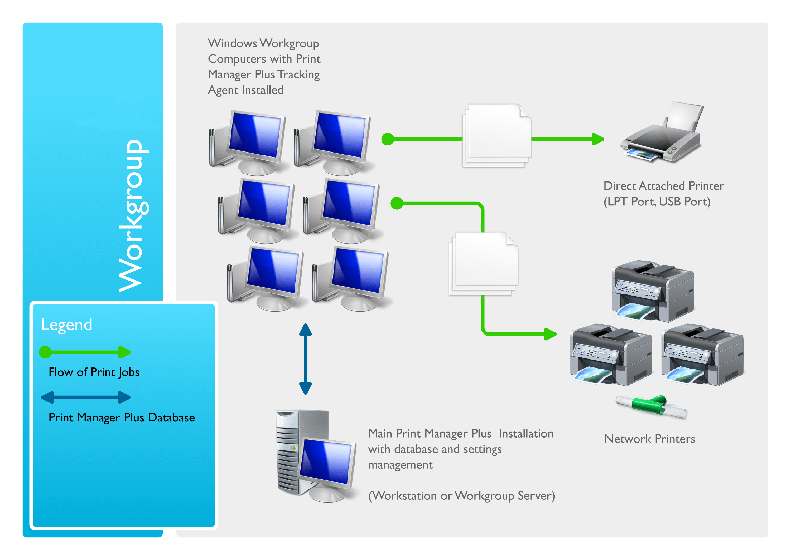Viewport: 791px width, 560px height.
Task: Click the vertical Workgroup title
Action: (x=133, y=215)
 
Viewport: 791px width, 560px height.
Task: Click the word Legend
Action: (x=66, y=325)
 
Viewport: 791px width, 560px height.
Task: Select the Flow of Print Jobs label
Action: (x=94, y=372)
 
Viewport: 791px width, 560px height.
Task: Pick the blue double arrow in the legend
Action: (x=86, y=397)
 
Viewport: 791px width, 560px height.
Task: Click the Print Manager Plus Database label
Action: (x=122, y=417)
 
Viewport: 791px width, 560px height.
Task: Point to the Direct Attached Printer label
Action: (x=663, y=186)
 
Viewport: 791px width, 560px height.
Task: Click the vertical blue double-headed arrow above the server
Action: (x=305, y=358)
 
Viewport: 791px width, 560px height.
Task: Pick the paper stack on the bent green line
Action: (x=483, y=264)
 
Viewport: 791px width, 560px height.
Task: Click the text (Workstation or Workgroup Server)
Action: (x=461, y=496)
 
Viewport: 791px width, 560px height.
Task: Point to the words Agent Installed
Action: (x=245, y=90)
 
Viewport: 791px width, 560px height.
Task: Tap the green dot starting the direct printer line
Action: (x=388, y=139)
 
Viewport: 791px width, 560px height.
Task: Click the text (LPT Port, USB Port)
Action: (x=657, y=202)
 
